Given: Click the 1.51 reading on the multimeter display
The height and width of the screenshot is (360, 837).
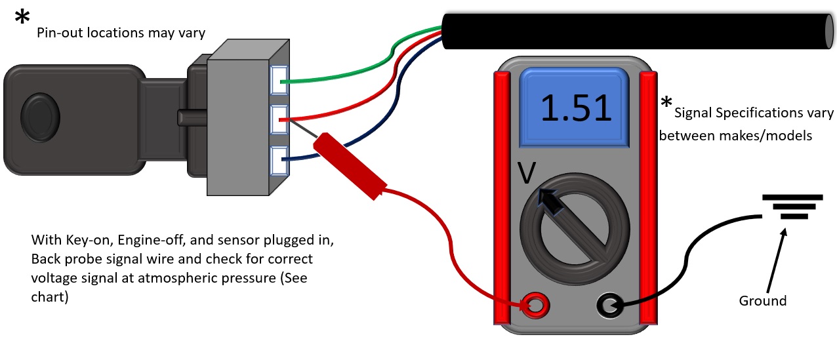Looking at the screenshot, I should [575, 108].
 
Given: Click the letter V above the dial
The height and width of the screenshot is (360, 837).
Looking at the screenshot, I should [527, 174].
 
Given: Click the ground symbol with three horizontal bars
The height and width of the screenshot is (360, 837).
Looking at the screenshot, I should [792, 207].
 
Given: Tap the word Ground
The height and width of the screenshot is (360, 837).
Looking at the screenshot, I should [762, 301].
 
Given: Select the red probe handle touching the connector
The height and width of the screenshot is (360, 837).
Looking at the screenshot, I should [348, 167].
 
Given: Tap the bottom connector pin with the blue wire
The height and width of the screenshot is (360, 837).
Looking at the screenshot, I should [279, 159].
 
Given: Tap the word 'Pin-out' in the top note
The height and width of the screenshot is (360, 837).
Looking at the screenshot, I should [56, 33].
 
